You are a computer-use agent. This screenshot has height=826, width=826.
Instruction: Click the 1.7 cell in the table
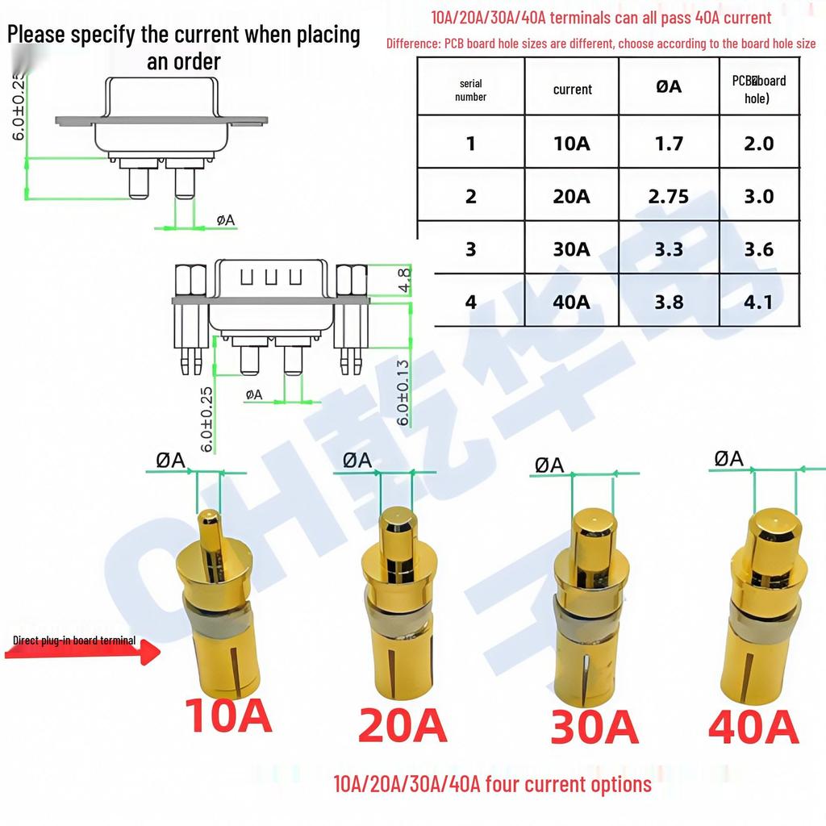tap(669, 144)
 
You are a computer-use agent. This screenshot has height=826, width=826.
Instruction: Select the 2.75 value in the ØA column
tap(669, 196)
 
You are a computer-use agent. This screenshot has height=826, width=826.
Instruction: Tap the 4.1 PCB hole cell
tap(758, 302)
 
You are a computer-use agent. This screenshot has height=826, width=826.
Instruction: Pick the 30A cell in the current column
tap(571, 249)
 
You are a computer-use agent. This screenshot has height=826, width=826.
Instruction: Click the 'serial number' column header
tap(470, 90)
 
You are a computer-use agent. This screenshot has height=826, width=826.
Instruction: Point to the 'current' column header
tap(572, 90)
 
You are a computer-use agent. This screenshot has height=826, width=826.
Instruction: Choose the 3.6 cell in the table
tap(758, 249)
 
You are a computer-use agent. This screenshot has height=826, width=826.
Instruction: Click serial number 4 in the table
tap(471, 302)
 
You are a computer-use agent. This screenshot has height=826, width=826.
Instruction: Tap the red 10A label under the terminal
tap(228, 715)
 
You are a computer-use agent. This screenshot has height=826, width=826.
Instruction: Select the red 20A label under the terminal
tap(402, 724)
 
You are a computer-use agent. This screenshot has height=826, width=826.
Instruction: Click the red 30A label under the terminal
tap(594, 727)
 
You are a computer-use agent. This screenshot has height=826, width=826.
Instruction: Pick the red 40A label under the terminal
tap(753, 726)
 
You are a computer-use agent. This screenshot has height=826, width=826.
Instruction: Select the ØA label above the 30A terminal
tap(549, 465)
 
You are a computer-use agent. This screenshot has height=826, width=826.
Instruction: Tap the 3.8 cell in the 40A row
tap(669, 302)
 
